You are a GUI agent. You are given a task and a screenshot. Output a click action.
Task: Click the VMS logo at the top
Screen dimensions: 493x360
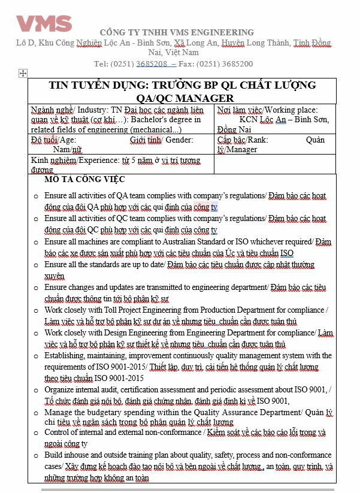click(x=44, y=23)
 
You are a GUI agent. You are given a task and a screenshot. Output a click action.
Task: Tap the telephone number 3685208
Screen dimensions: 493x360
click(x=151, y=63)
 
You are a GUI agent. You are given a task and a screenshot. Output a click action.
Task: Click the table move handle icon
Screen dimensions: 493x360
click(x=23, y=73)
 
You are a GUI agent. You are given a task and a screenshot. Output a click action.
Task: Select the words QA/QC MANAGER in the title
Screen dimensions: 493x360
click(x=183, y=98)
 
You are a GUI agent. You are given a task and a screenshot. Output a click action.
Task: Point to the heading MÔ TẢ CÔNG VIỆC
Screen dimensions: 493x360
click(x=84, y=180)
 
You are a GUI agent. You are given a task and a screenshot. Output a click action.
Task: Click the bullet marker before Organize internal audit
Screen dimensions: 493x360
click(x=36, y=390)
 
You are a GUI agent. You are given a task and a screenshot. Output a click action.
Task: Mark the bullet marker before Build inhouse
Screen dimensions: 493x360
click(x=36, y=456)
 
